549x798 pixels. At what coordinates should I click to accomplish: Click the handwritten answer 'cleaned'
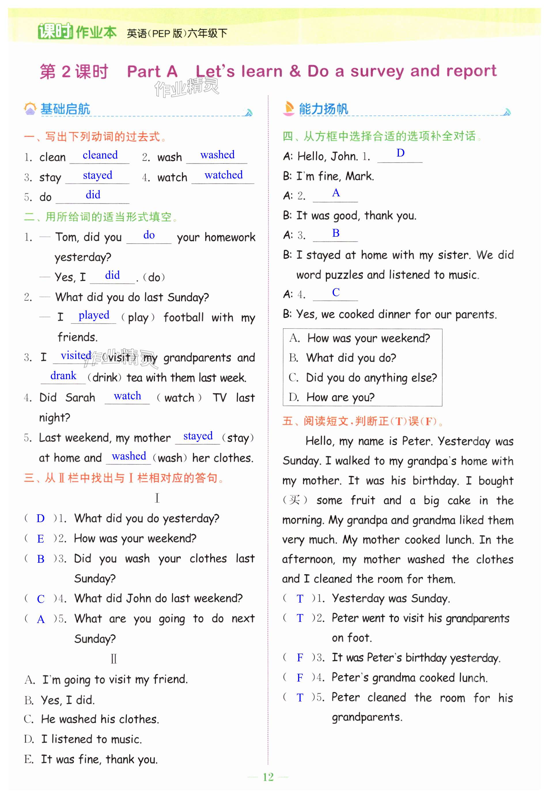click(100, 155)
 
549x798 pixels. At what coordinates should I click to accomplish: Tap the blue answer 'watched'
click(224, 175)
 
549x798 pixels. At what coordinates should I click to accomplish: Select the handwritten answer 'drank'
click(63, 376)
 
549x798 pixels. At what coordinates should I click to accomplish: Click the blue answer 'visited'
click(76, 355)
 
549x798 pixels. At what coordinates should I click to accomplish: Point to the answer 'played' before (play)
click(94, 315)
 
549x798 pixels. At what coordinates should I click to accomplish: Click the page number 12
click(268, 777)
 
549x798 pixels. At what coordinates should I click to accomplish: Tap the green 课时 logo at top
click(55, 32)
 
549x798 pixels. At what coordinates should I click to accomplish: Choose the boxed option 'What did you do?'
click(351, 358)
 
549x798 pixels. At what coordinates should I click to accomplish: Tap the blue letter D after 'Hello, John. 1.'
click(400, 153)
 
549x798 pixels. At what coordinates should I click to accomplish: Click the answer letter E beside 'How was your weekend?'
click(41, 539)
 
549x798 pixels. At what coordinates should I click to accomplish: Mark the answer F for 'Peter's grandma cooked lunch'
click(300, 678)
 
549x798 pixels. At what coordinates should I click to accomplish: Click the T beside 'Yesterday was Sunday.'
click(300, 599)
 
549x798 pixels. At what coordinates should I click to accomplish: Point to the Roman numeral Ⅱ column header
click(114, 659)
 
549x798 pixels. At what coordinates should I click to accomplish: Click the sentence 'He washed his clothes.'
click(100, 719)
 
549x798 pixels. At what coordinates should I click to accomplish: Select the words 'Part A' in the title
click(152, 71)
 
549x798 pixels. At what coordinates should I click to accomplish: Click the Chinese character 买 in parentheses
click(294, 500)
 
